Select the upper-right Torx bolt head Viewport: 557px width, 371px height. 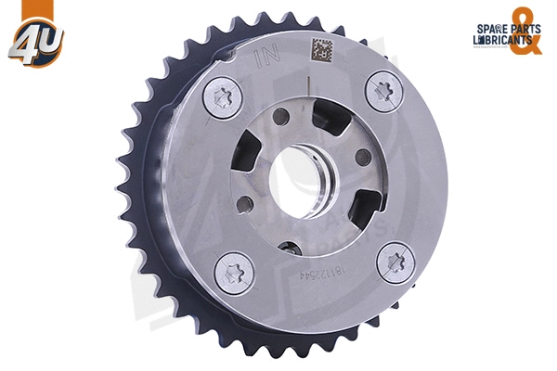[382, 91]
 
